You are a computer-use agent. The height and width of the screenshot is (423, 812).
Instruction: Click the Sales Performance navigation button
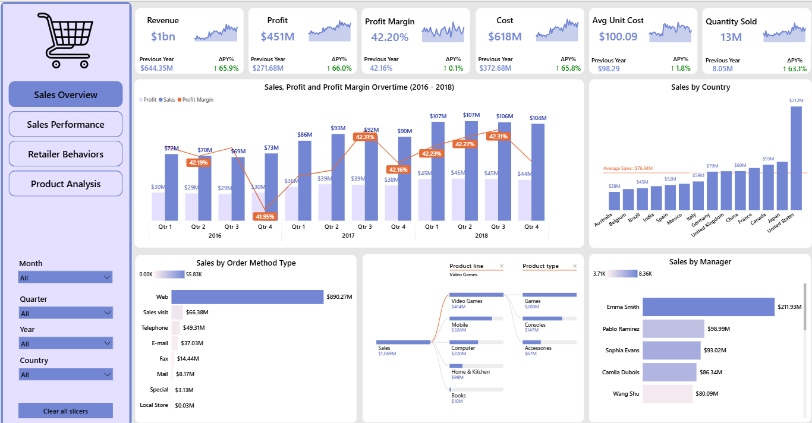[x=65, y=124]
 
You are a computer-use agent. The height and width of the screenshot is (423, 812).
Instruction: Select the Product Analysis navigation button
[x=65, y=184]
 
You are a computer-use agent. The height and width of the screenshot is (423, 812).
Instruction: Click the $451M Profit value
[x=278, y=37]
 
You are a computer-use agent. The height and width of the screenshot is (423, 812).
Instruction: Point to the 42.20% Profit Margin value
[x=389, y=37]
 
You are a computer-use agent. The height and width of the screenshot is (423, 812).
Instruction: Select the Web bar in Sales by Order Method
[x=247, y=296]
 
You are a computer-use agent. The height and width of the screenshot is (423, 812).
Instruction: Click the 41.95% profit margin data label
[x=265, y=216]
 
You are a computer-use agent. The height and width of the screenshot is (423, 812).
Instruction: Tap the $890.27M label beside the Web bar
[x=339, y=296]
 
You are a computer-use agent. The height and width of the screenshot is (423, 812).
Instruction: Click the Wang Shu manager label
[x=626, y=393]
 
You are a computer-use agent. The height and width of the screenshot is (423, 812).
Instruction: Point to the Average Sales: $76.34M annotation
[x=627, y=169]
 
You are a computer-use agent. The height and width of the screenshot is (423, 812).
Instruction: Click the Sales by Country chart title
[x=700, y=87]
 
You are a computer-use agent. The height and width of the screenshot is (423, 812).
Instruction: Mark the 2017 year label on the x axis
[x=348, y=236]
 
